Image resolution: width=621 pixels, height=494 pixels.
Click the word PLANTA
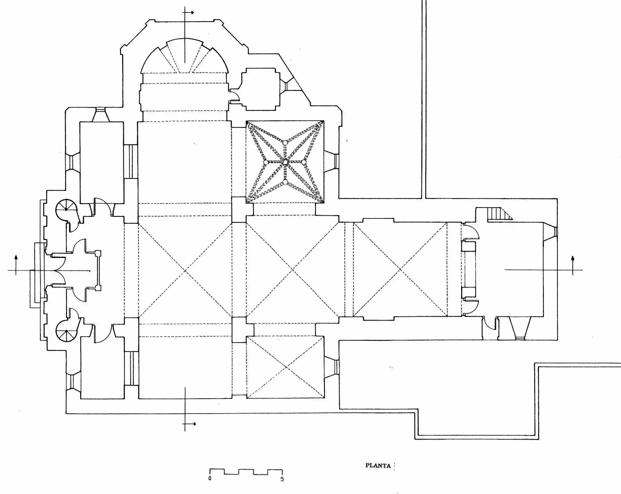(x=378, y=465)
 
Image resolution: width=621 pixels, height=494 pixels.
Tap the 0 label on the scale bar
(x=210, y=478)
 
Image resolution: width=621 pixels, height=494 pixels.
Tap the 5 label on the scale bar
(x=282, y=479)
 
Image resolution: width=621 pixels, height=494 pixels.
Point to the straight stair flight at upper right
(x=500, y=214)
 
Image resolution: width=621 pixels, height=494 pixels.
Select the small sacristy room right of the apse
(x=261, y=89)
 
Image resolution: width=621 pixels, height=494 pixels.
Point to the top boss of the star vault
(x=285, y=142)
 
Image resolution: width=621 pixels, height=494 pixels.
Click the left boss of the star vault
(x=266, y=163)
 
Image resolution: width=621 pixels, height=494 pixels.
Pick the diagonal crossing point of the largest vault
(x=185, y=271)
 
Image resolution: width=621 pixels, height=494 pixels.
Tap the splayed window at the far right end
(x=550, y=232)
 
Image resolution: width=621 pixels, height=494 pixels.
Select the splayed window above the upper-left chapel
(x=101, y=115)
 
